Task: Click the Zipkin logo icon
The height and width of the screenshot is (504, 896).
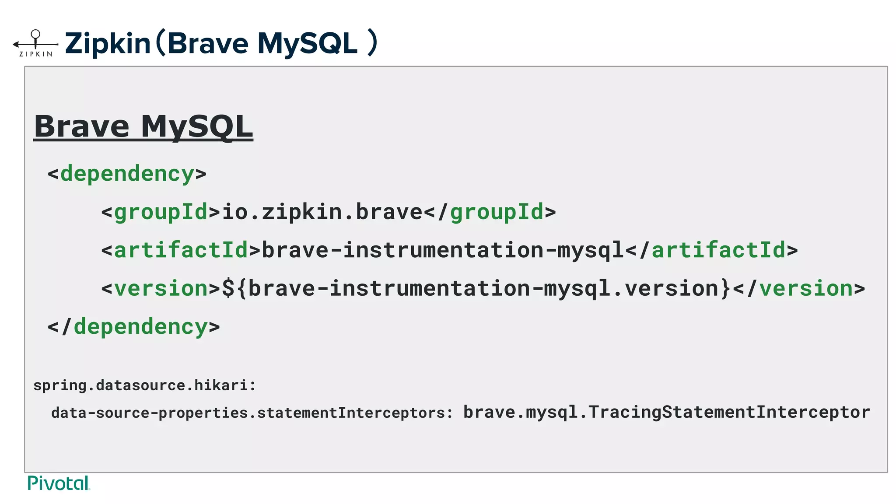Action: (35, 43)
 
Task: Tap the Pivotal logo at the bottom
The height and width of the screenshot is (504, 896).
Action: (58, 483)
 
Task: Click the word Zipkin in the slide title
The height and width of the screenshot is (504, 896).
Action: (108, 43)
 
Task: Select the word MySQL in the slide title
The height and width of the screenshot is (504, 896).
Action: (307, 43)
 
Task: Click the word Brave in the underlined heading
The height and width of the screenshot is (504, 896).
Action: (82, 126)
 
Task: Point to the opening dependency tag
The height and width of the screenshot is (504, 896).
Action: (127, 174)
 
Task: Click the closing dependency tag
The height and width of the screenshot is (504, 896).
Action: (133, 327)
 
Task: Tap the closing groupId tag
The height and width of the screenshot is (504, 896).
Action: (490, 212)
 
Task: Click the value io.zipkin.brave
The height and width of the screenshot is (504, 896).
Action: (322, 212)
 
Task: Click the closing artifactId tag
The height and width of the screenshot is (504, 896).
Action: (712, 250)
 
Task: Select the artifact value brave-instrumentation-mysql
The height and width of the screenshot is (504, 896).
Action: (443, 250)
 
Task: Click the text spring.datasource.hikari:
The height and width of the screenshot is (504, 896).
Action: (144, 385)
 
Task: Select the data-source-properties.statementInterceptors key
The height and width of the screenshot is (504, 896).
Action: (252, 413)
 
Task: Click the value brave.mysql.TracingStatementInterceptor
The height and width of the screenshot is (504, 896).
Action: (666, 412)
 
